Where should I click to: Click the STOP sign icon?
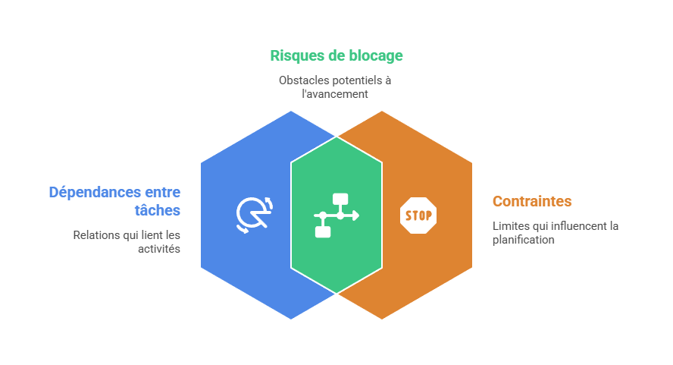point(418,216)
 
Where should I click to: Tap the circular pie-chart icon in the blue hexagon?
point(252,214)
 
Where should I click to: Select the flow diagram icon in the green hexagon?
point(336,216)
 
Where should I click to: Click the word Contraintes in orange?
point(532,202)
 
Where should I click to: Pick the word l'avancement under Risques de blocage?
point(336,94)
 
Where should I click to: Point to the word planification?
point(524,240)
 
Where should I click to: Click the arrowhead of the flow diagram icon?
point(355,216)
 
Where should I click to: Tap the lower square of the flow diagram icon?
point(322,231)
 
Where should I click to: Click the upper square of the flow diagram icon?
point(340,200)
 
